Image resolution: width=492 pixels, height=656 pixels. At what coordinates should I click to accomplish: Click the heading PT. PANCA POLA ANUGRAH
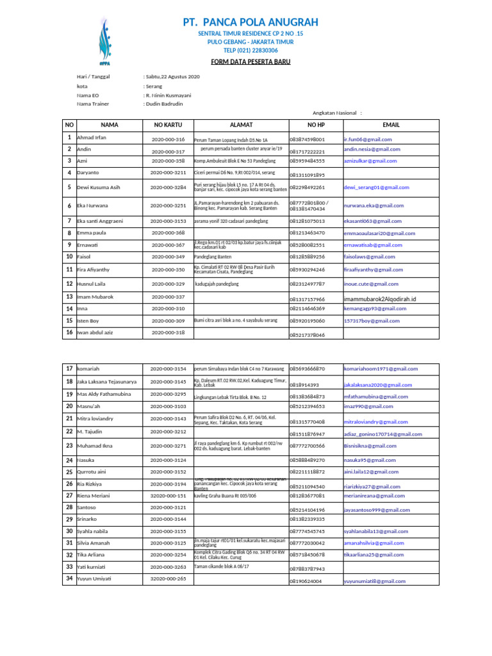click(x=250, y=22)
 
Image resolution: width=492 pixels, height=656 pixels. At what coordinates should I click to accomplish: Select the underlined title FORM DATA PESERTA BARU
click(x=250, y=61)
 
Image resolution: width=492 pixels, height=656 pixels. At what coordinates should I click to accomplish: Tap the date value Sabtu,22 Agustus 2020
click(x=172, y=77)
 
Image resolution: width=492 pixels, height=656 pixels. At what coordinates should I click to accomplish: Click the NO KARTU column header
click(x=168, y=125)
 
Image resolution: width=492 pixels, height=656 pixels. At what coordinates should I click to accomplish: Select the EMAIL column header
click(x=390, y=125)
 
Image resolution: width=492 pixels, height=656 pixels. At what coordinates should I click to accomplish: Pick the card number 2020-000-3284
click(x=168, y=188)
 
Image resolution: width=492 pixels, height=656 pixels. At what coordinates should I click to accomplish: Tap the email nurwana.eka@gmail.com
click(x=374, y=206)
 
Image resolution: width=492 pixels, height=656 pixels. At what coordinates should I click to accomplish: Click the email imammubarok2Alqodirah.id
click(x=380, y=299)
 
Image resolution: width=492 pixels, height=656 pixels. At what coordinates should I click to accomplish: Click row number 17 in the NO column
click(x=69, y=369)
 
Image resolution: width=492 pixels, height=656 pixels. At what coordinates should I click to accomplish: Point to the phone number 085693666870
click(x=307, y=369)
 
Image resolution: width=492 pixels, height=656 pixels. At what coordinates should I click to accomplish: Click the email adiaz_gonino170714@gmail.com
click(x=383, y=434)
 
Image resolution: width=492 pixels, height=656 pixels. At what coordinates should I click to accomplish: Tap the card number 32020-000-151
click(x=168, y=496)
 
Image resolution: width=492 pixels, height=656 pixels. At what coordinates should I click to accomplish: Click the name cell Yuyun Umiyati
click(x=94, y=578)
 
